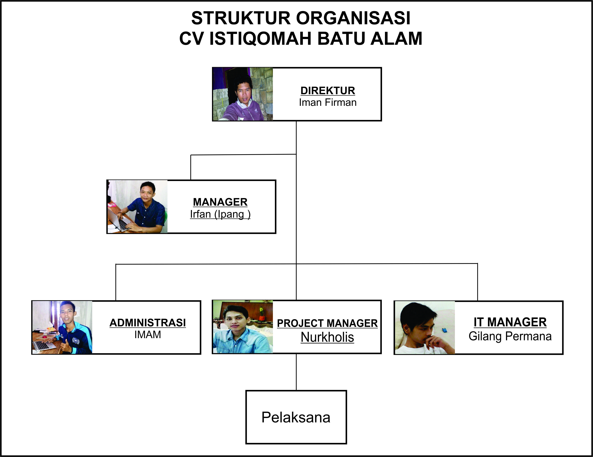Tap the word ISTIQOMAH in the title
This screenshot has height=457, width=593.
(x=260, y=39)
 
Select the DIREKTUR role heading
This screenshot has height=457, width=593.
(x=328, y=91)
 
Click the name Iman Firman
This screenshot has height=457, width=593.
(x=328, y=103)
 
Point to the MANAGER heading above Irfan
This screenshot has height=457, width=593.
(x=220, y=202)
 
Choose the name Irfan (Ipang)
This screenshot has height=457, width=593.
(x=220, y=214)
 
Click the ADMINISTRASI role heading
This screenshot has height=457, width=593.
(x=148, y=323)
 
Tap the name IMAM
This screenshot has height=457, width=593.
(x=148, y=335)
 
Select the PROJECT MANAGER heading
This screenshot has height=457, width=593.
(x=327, y=323)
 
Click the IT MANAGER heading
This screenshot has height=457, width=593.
(x=510, y=322)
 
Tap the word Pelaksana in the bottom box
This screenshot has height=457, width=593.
(x=296, y=417)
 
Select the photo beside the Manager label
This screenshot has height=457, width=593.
(x=137, y=207)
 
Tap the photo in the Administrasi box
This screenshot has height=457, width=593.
(x=62, y=327)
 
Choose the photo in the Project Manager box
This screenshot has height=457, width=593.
(x=243, y=327)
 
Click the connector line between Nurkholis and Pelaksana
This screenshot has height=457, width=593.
(x=296, y=372)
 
